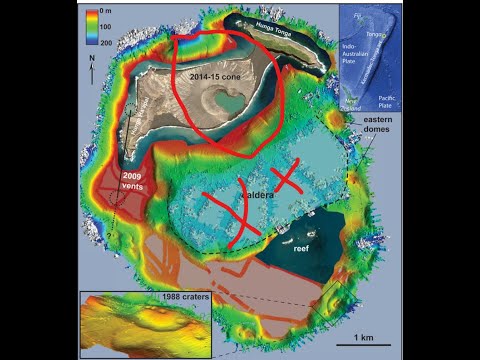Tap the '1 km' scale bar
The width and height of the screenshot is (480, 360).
[x=356, y=338]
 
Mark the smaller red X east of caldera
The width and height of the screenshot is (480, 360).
[x=284, y=178]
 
